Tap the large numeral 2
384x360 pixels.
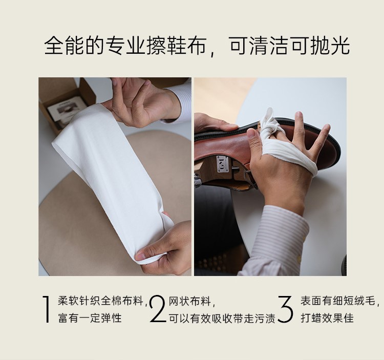(158, 309)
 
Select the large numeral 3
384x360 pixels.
(286, 309)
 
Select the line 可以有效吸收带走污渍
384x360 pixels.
(222, 319)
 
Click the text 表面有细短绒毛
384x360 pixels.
(338, 300)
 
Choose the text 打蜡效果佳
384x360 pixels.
(327, 319)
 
